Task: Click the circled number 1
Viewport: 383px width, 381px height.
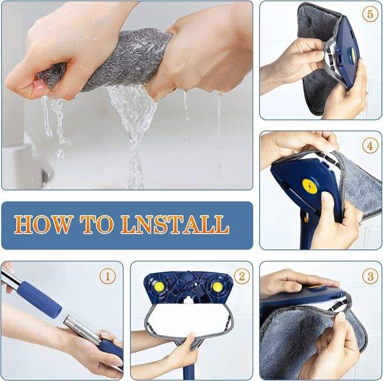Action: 109,277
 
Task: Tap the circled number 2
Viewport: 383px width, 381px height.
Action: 241,276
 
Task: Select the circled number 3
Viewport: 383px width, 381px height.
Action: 370,276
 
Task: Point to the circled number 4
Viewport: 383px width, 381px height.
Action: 370,146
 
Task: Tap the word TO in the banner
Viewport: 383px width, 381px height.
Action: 96,225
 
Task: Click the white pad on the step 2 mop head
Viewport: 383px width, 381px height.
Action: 191,319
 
